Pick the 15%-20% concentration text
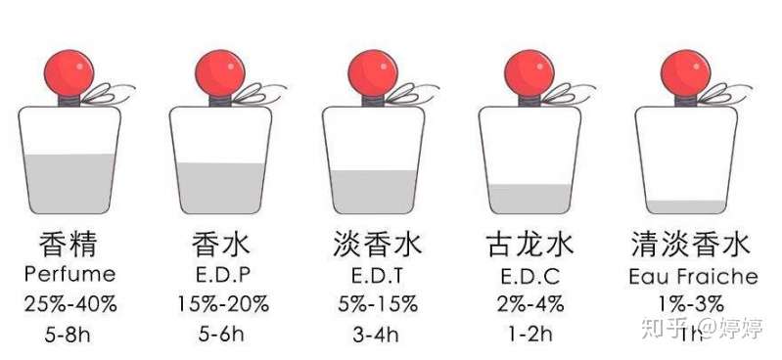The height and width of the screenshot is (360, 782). [x=221, y=303]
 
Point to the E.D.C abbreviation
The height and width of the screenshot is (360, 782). [x=529, y=274]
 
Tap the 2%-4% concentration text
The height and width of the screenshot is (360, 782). [x=529, y=303]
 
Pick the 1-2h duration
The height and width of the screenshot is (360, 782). [x=529, y=334]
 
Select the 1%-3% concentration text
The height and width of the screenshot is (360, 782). [x=690, y=303]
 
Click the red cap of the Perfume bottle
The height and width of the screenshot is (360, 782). [x=68, y=70]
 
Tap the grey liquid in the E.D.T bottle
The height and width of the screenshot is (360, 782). [x=373, y=193]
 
